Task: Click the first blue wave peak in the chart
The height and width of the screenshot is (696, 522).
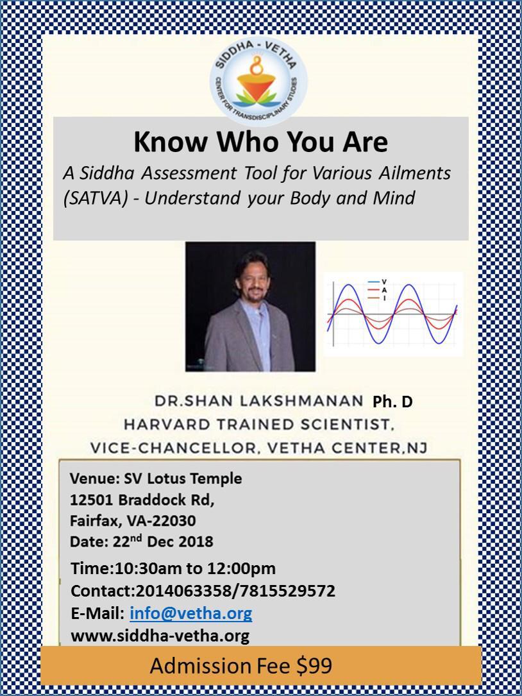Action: (x=349, y=285)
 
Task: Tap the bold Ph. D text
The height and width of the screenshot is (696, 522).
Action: (x=392, y=402)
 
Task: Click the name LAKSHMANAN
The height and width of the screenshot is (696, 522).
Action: (x=301, y=401)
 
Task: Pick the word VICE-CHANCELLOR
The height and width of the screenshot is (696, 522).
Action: (x=173, y=448)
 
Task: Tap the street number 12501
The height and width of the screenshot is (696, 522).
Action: (x=92, y=500)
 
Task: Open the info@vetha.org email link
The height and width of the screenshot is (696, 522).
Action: (x=191, y=614)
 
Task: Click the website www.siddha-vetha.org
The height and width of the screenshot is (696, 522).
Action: (x=160, y=636)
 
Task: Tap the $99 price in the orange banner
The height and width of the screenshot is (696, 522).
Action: (x=314, y=666)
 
